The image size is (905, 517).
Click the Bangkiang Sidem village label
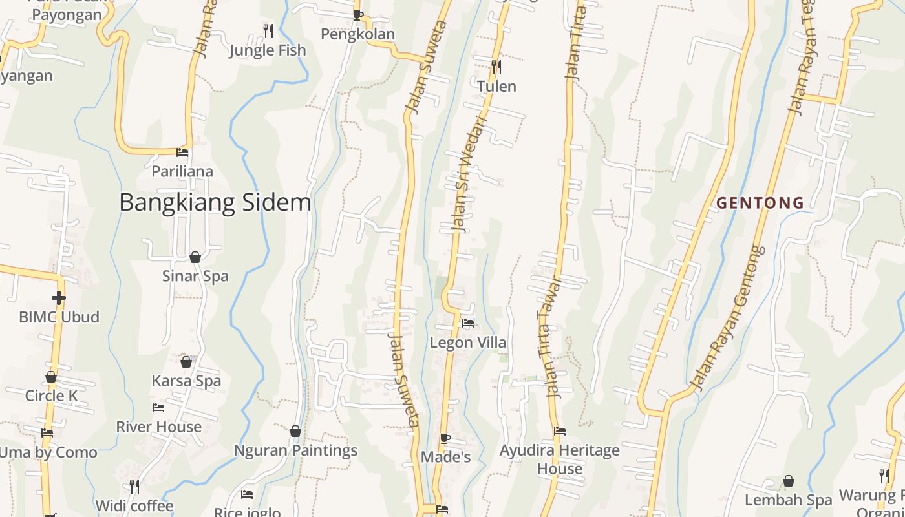click(x=215, y=202)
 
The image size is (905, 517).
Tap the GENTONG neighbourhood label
click(x=760, y=203)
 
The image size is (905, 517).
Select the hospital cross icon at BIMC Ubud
click(x=59, y=297)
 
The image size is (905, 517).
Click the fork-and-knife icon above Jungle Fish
click(x=268, y=30)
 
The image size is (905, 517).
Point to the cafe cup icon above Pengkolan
click(x=357, y=14)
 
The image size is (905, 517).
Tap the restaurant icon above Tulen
click(x=496, y=66)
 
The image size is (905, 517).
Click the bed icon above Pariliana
click(x=182, y=153)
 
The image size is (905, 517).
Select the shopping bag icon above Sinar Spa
click(x=195, y=257)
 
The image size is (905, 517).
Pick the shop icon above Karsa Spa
click(x=186, y=362)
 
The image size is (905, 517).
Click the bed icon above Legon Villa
click(x=468, y=323)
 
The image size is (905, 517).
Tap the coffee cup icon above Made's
click(x=445, y=438)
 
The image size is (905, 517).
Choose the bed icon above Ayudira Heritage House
click(x=560, y=431)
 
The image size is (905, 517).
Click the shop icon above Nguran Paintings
click(x=295, y=431)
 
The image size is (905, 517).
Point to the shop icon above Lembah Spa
click(x=789, y=481)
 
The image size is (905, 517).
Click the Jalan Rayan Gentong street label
click(x=728, y=318)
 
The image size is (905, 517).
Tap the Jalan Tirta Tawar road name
click(x=549, y=336)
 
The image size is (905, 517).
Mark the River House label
click(x=158, y=427)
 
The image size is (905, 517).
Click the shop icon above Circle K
click(x=51, y=377)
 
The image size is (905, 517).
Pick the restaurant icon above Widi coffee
click(x=134, y=486)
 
